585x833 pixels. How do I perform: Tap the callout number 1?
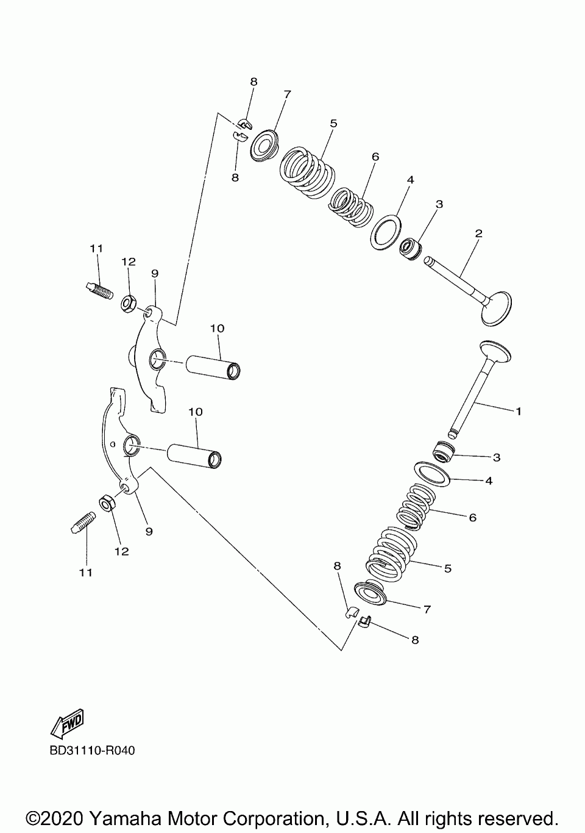[x=518, y=411]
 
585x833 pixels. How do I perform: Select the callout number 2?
[x=479, y=234]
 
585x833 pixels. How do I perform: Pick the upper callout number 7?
[x=287, y=95]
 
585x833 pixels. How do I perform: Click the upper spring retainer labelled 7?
[x=266, y=145]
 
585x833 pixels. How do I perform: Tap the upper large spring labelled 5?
[x=307, y=172]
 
